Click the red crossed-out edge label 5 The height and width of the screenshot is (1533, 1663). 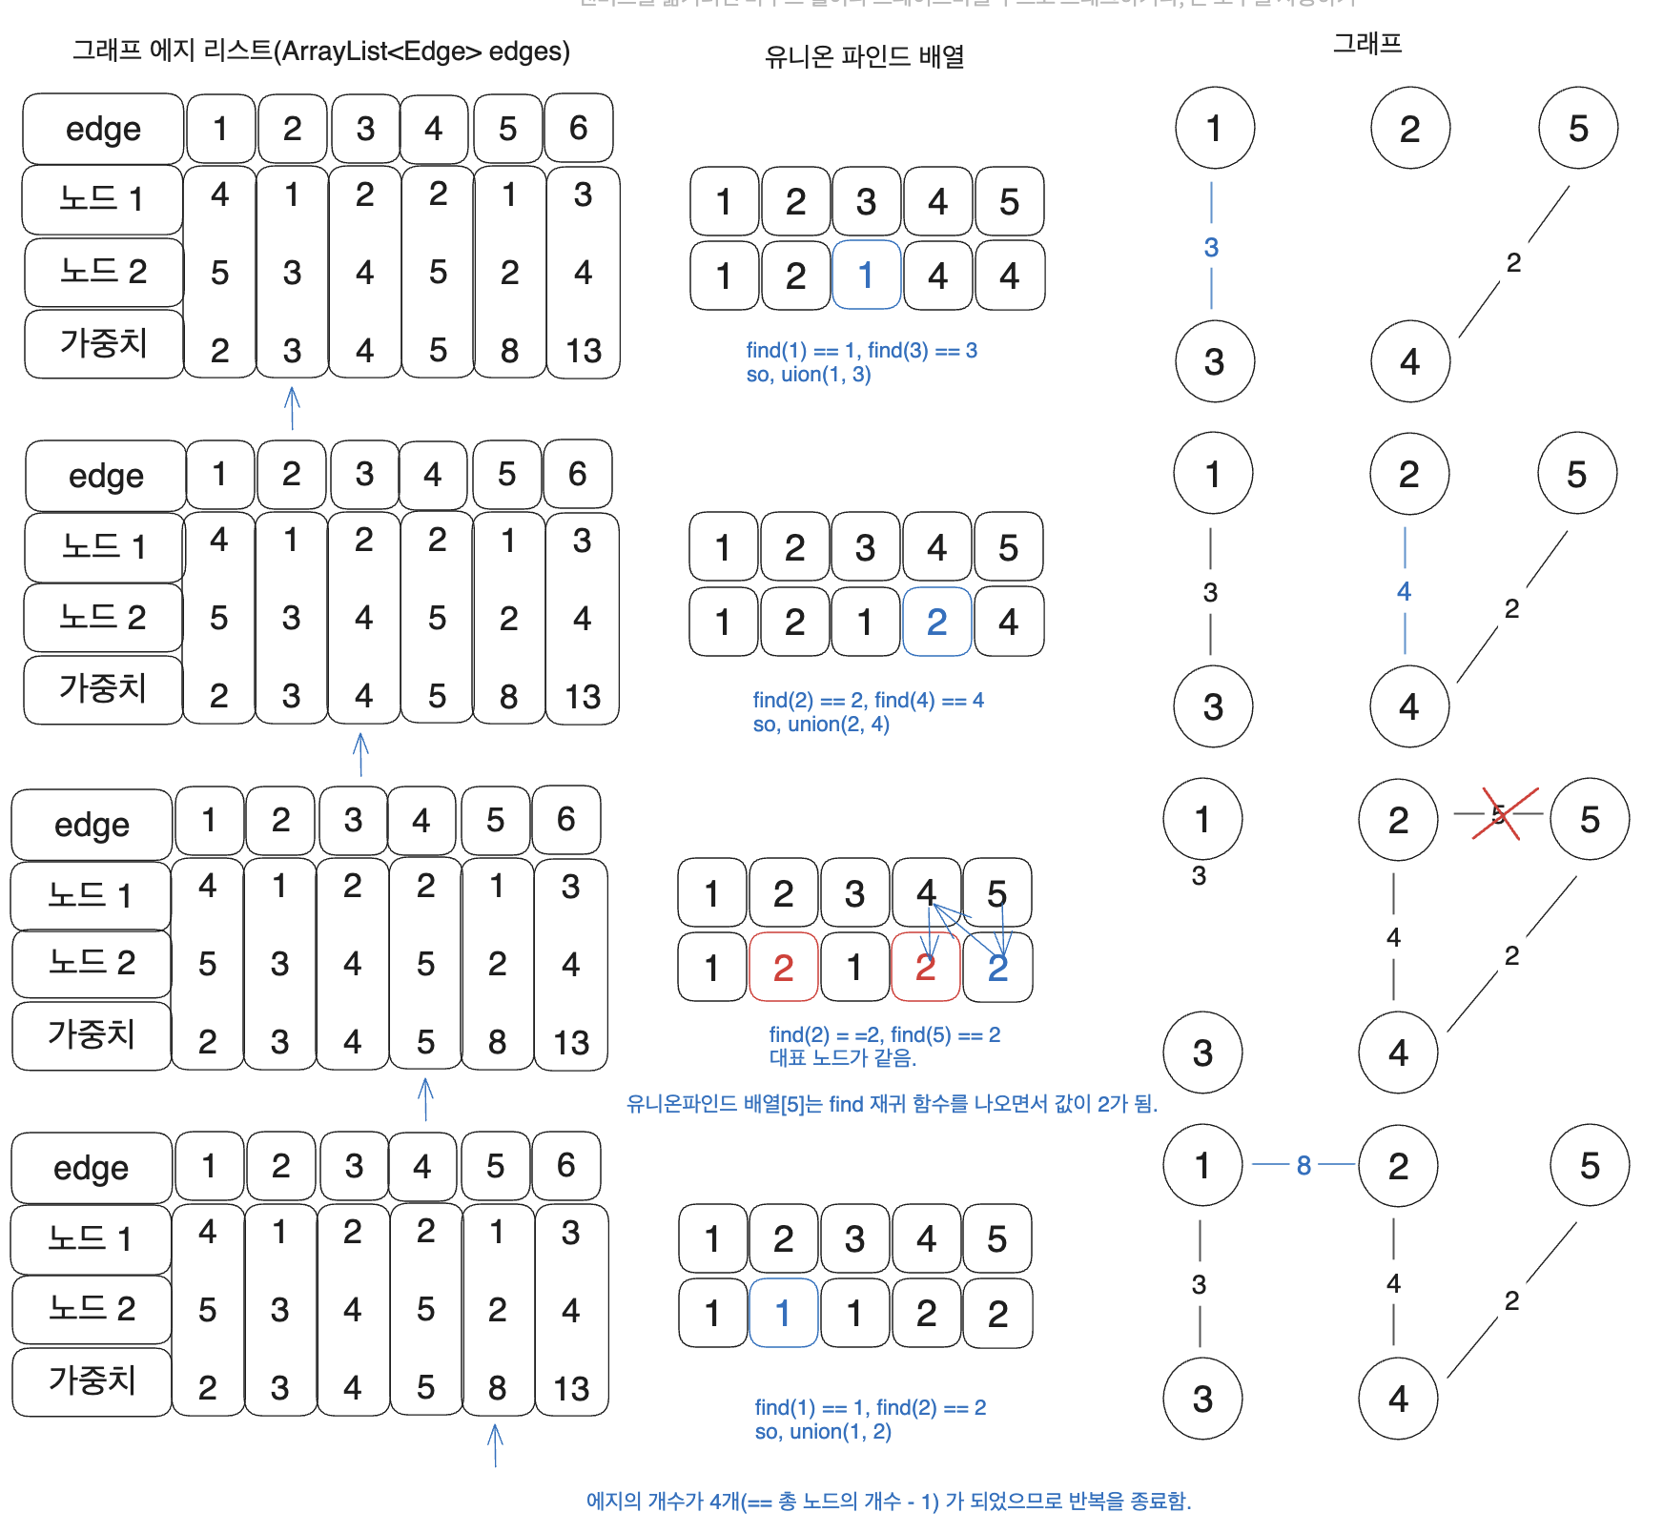(x=1499, y=814)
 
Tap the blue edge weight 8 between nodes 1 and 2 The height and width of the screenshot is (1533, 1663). (x=1304, y=1165)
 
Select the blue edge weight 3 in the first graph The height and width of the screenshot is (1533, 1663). (x=1211, y=248)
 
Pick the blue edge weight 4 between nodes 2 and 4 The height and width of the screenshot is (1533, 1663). (x=1404, y=592)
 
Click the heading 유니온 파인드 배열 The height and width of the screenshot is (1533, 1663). (x=864, y=57)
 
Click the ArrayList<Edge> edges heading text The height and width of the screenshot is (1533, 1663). (x=321, y=51)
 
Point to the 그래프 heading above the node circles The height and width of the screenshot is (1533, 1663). (x=1366, y=43)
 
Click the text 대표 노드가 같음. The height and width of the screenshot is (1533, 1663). (x=842, y=1058)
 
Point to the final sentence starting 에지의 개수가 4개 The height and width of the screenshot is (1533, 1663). (x=888, y=1502)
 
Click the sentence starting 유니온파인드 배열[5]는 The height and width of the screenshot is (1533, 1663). (x=892, y=1104)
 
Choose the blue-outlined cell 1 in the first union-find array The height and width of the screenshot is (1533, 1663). (x=866, y=276)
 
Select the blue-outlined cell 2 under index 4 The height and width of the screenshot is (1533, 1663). (x=936, y=622)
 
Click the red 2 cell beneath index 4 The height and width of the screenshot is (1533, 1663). (x=925, y=968)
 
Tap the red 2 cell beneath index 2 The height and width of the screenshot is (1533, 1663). (x=783, y=968)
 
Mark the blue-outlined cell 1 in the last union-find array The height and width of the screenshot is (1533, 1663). (x=783, y=1314)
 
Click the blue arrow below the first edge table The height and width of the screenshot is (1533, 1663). (x=293, y=408)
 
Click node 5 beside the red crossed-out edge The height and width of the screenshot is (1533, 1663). (x=1589, y=820)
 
